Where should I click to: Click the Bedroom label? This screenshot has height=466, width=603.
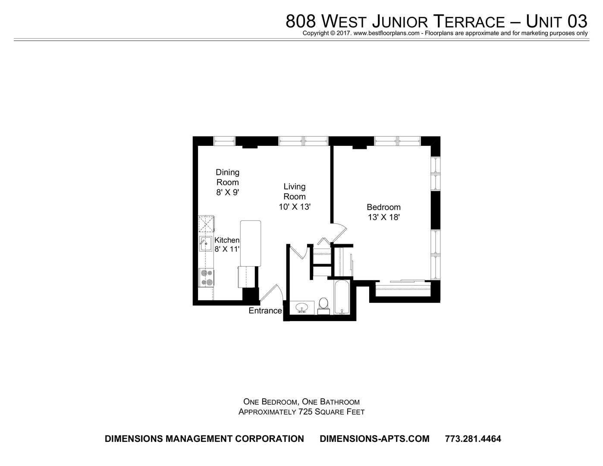pos(383,208)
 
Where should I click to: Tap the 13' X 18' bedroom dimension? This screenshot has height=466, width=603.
pos(383,217)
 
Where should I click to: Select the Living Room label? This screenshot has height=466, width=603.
pos(295,192)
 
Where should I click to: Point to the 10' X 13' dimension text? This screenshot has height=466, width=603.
pos(295,207)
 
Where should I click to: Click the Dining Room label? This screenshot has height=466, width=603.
pos(228,177)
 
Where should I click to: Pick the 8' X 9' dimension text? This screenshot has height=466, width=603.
pos(228,192)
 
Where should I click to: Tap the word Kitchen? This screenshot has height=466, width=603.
pos(227,240)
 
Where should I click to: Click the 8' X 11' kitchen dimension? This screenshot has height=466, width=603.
pos(227,249)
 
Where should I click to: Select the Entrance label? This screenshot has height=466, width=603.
pos(265,311)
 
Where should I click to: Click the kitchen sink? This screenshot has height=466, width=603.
pos(205,244)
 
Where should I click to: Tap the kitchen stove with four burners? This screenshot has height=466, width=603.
pos(206,277)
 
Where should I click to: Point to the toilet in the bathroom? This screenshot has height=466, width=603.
pos(323,305)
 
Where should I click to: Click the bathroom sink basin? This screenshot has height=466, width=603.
pos(302,308)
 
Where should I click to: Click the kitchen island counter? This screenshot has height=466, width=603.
pos(251,243)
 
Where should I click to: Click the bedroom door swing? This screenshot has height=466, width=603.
pos(339,233)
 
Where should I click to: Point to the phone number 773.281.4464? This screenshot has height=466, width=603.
pos(473,438)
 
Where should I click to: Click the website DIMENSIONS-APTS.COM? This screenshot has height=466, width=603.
pos(375,438)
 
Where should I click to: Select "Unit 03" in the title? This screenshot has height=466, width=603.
pos(556,21)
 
